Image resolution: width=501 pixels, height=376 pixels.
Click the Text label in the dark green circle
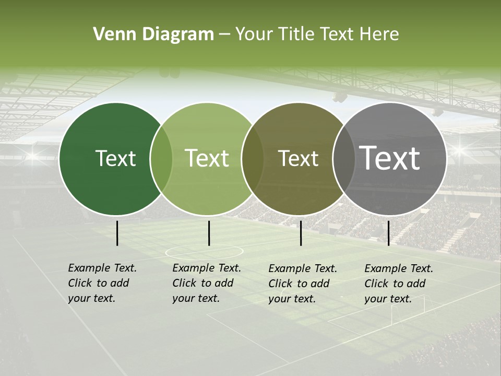click(x=115, y=158)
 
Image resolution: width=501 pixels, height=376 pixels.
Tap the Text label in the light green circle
click(x=207, y=158)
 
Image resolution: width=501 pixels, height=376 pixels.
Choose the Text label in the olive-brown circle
click(x=298, y=158)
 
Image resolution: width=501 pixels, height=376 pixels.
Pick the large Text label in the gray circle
click(x=389, y=158)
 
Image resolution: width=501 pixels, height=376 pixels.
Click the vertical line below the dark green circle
click(x=117, y=233)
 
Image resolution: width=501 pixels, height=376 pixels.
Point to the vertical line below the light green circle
click(x=209, y=233)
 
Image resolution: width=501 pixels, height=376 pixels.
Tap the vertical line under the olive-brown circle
click(x=301, y=233)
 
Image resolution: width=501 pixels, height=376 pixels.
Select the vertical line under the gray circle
click(x=388, y=233)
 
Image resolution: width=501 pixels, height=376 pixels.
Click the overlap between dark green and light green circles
click(x=161, y=159)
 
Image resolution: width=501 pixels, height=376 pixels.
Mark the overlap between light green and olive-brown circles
click(x=253, y=159)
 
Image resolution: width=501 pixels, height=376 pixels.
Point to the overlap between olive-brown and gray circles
click(x=343, y=159)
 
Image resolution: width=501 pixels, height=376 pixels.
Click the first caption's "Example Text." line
click(x=102, y=268)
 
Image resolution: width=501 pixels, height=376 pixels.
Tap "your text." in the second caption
click(x=196, y=298)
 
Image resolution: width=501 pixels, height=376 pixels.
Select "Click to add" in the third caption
click(x=299, y=284)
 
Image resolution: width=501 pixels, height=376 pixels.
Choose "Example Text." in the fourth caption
click(x=399, y=268)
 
